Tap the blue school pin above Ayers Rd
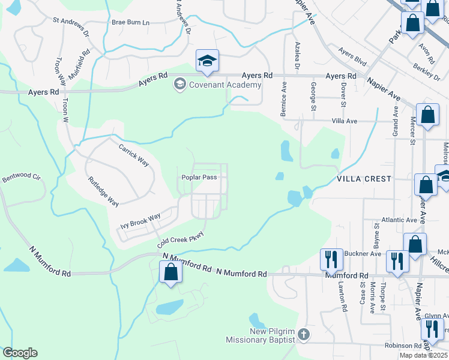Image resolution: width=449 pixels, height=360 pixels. pyautogui.click(x=207, y=61)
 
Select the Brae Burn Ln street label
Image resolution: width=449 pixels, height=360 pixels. pyautogui.click(x=130, y=22)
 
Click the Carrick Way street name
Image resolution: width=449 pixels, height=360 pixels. pyautogui.click(x=133, y=155)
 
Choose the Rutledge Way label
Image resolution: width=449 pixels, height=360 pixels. pyautogui.click(x=103, y=191)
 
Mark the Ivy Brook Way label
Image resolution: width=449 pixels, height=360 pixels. pyautogui.click(x=140, y=221)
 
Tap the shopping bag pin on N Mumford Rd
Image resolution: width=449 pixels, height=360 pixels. pyautogui.click(x=171, y=272)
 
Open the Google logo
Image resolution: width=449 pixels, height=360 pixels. pyautogui.click(x=20, y=352)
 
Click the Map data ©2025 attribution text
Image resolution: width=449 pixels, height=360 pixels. pyautogui.click(x=423, y=355)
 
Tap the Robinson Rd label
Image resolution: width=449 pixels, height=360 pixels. pyautogui.click(x=403, y=346)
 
